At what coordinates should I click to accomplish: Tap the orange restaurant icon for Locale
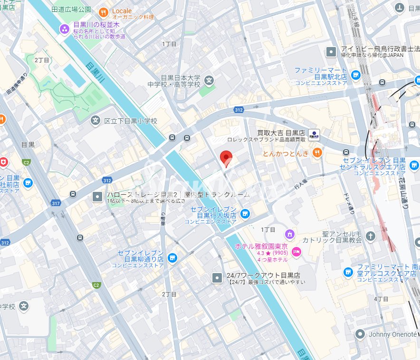click(104, 11)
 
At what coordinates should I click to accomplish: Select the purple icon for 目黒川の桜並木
click(64, 29)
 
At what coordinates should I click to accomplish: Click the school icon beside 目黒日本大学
click(210, 81)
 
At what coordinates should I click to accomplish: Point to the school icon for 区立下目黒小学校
click(95, 121)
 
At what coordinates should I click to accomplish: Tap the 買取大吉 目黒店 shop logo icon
click(314, 133)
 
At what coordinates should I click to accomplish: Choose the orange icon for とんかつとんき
click(317, 153)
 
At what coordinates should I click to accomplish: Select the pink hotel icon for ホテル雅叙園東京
click(297, 252)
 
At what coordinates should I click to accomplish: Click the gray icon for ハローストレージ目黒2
click(97, 195)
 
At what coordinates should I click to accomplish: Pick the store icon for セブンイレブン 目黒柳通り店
click(172, 258)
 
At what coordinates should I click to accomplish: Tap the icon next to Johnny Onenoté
click(360, 334)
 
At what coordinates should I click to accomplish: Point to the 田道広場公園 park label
click(71, 9)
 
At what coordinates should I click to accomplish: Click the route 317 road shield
click(56, 203)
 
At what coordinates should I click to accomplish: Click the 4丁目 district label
click(381, 299)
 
